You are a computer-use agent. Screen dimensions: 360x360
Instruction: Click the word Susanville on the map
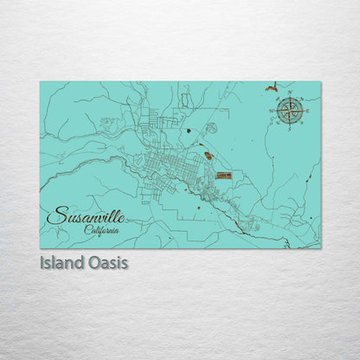pyautogui.click(x=84, y=214)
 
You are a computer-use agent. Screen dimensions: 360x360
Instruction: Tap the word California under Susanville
pyautogui.click(x=102, y=229)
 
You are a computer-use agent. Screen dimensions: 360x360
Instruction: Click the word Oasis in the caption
pyautogui.click(x=107, y=260)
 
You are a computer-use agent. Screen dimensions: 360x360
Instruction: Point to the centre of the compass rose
pyautogui.click(x=290, y=110)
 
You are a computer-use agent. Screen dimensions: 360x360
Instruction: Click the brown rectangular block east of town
pyautogui.click(x=223, y=176)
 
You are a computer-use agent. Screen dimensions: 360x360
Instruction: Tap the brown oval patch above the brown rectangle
pyautogui.click(x=208, y=157)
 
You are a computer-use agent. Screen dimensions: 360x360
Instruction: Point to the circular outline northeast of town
pyautogui.click(x=211, y=128)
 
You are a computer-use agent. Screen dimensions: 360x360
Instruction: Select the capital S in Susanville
pyautogui.click(x=55, y=215)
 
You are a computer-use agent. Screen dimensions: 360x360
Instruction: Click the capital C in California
pyautogui.click(x=87, y=229)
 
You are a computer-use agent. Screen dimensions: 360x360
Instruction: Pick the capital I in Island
pyautogui.click(x=42, y=260)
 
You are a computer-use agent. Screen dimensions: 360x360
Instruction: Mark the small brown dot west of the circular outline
pyautogui.click(x=189, y=131)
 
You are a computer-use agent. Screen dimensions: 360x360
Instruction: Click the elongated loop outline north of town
pyautogui.click(x=186, y=101)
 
